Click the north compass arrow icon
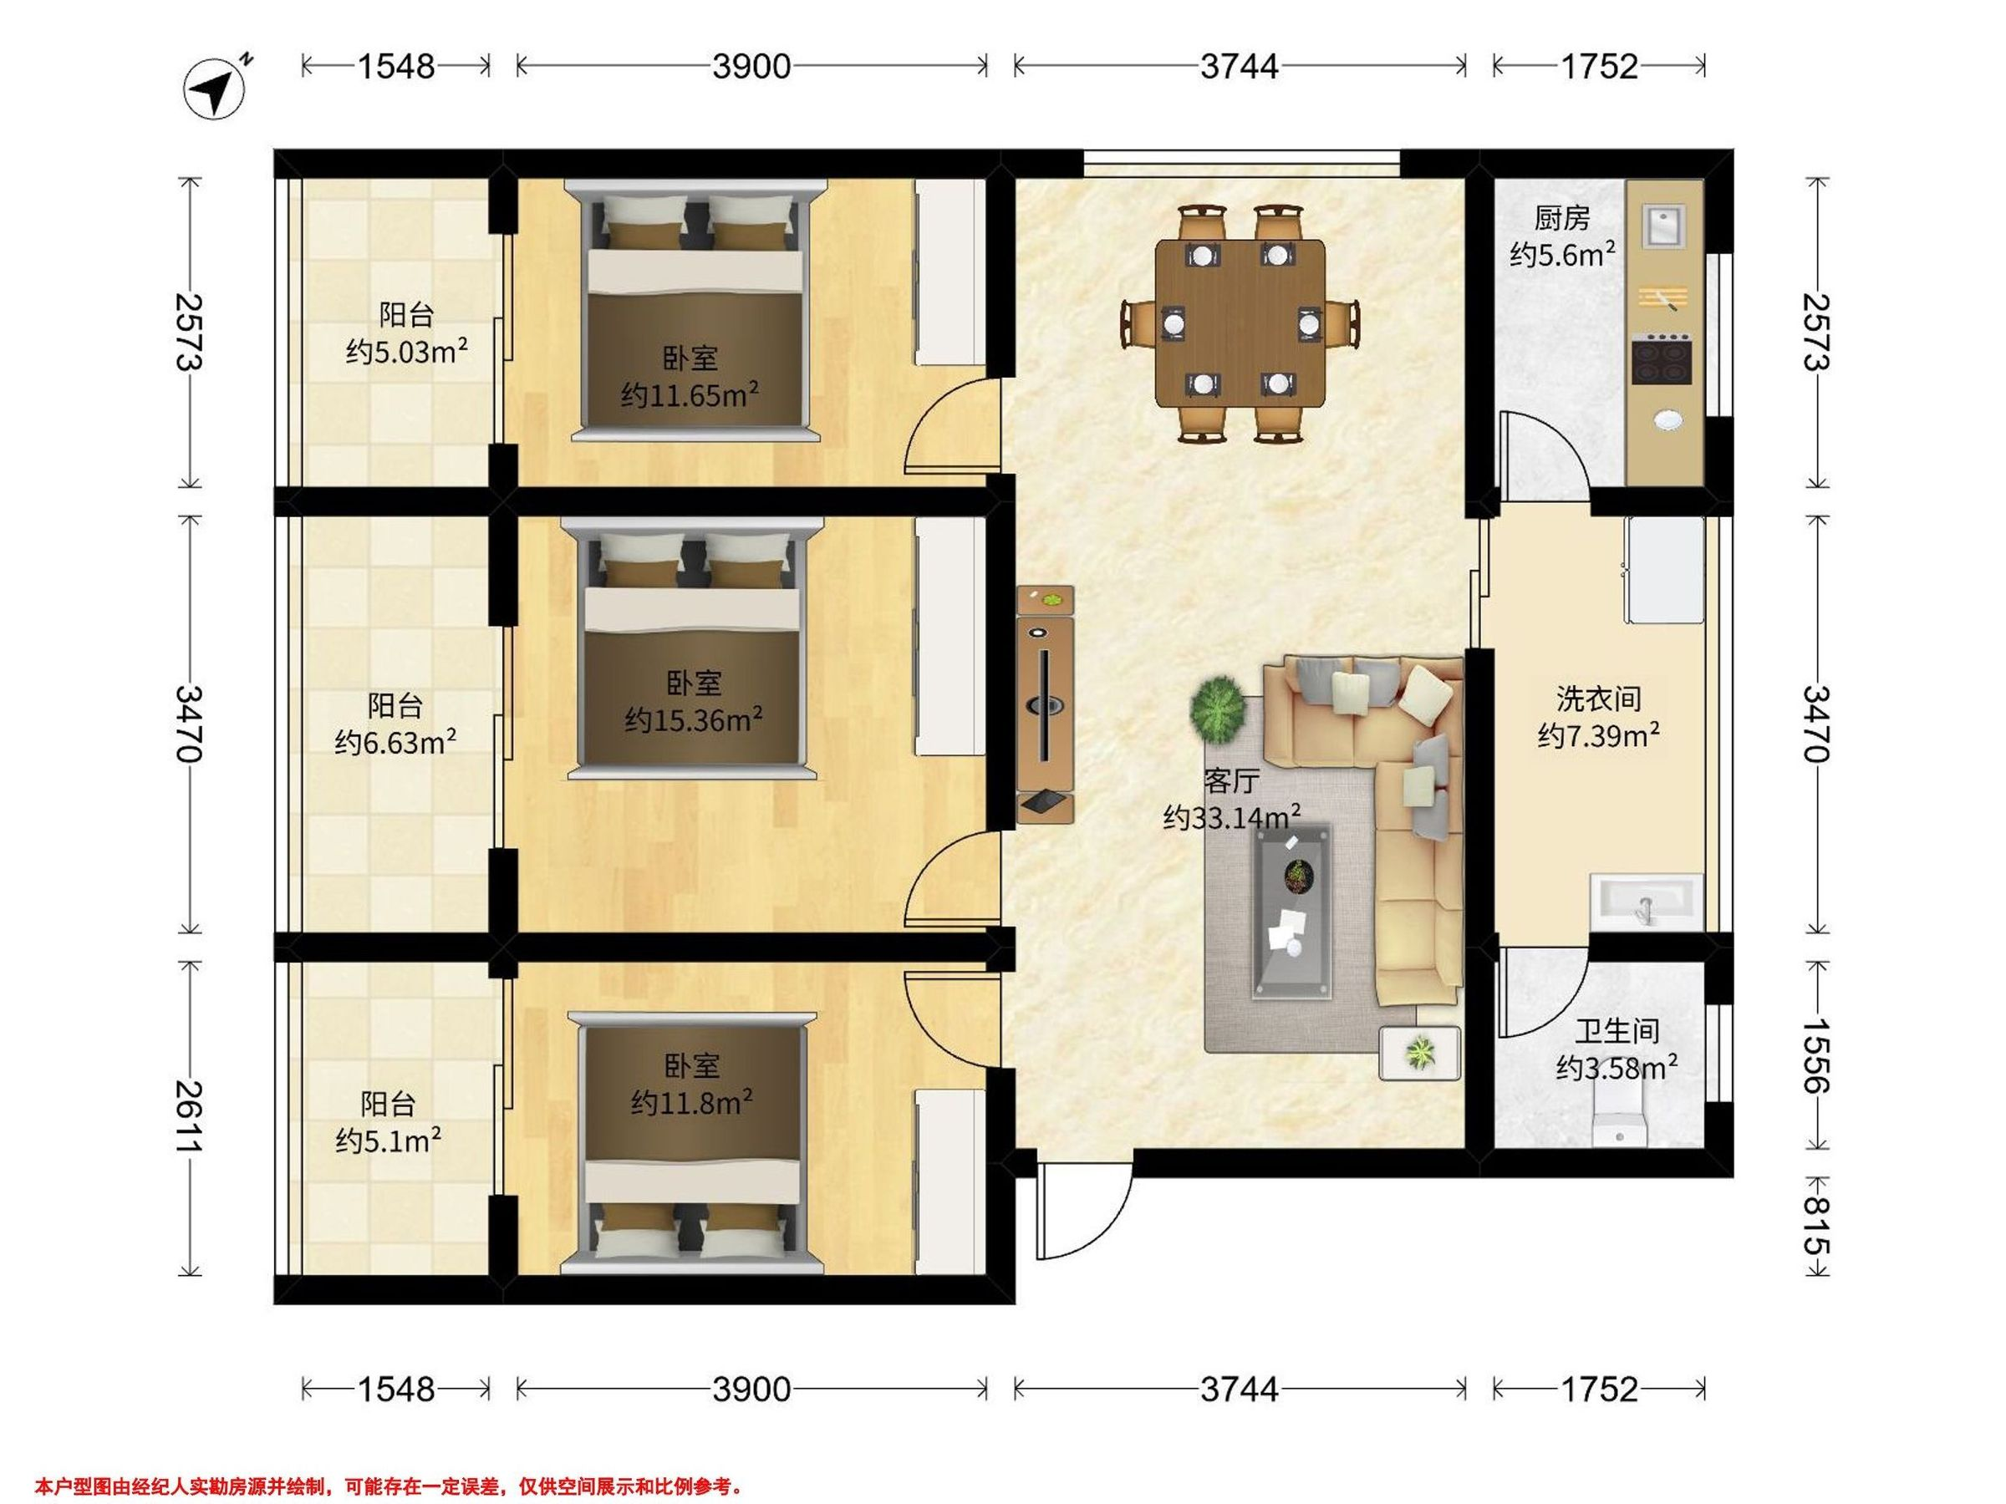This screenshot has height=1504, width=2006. tap(215, 88)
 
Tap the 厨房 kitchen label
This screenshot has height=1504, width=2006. tap(1561, 217)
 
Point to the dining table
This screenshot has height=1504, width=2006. tap(1239, 322)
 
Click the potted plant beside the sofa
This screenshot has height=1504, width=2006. tap(1217, 706)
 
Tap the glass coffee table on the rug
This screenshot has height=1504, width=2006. tap(1292, 910)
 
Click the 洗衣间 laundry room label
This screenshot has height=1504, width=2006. tap(1598, 699)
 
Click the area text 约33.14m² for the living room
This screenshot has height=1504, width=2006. tap(1233, 818)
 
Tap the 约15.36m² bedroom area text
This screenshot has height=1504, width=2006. tap(693, 719)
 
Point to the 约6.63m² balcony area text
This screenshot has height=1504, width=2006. tap(395, 743)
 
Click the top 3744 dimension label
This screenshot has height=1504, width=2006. tap(1239, 66)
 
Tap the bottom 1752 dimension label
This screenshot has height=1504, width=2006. tap(1599, 1389)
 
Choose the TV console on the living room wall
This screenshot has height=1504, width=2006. tap(1046, 704)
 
